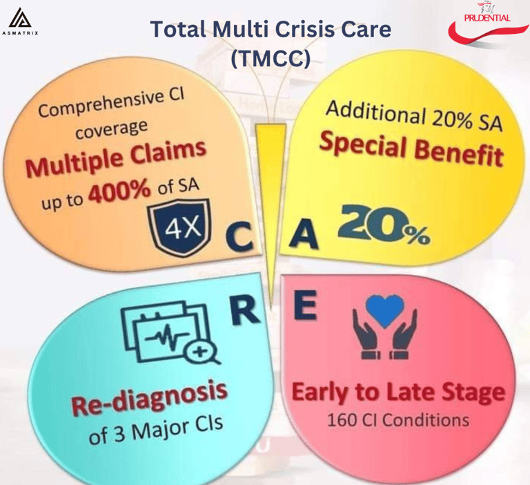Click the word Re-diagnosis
click(x=149, y=402)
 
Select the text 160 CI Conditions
click(x=398, y=419)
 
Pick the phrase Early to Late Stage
click(x=397, y=393)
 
